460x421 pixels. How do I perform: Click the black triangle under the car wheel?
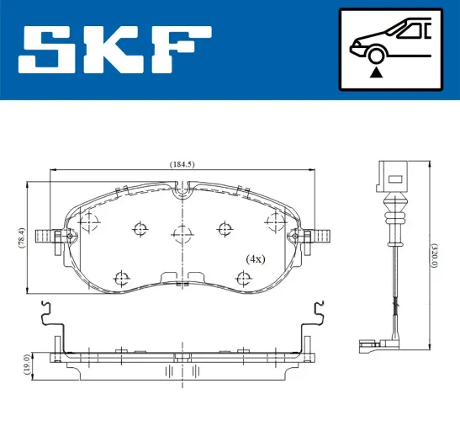(375, 72)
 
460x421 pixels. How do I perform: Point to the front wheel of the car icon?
(375, 56)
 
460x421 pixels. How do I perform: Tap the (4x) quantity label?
(255, 258)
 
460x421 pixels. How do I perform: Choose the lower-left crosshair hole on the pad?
(123, 277)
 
